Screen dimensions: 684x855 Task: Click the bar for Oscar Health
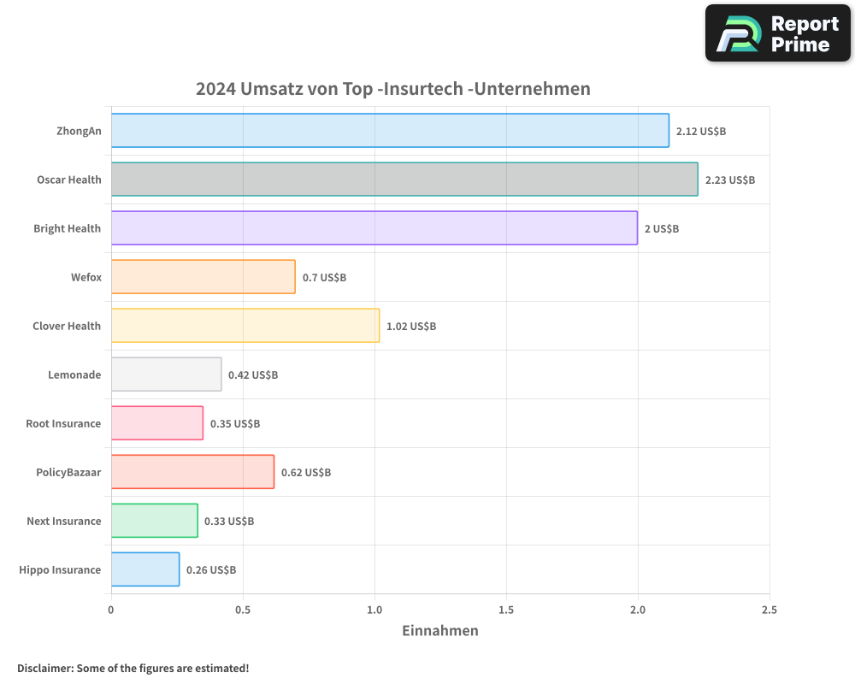click(404, 180)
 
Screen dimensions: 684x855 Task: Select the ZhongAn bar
click(390, 131)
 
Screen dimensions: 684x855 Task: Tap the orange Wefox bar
click(203, 277)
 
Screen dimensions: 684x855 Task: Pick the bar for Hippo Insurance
click(145, 569)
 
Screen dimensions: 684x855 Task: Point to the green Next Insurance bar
click(155, 521)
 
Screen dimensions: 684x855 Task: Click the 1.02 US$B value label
click(411, 327)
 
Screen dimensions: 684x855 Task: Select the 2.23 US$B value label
click(730, 180)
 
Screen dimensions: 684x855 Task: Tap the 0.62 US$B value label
click(306, 473)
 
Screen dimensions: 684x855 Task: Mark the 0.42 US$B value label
click(253, 375)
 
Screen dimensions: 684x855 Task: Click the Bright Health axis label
click(67, 228)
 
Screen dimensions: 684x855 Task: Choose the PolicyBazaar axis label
click(68, 472)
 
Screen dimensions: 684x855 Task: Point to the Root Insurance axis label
click(63, 423)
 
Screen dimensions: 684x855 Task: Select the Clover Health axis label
click(67, 326)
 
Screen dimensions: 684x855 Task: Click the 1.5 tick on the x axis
click(506, 610)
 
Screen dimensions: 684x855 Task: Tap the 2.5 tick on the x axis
click(769, 610)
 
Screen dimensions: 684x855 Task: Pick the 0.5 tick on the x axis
click(243, 610)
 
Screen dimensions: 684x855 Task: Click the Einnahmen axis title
click(440, 631)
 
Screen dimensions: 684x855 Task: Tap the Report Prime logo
click(777, 33)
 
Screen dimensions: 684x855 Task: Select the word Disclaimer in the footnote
click(44, 668)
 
